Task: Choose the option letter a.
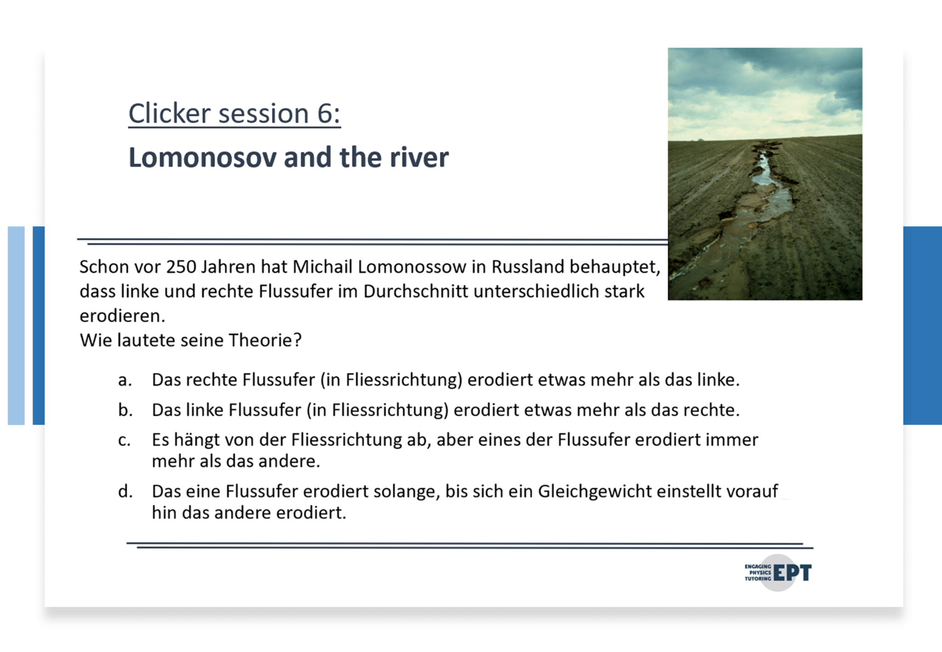(125, 380)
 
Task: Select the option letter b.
(125, 410)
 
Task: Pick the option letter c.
(124, 440)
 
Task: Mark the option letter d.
(125, 491)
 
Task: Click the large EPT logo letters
(793, 573)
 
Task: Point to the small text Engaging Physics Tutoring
(758, 572)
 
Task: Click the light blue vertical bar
(16, 326)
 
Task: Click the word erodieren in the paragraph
(122, 316)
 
